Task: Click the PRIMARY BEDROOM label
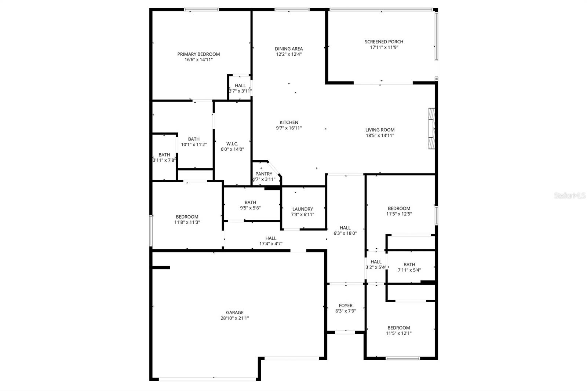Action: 198,54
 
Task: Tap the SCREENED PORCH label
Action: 384,42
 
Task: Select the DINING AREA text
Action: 289,49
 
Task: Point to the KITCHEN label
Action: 289,123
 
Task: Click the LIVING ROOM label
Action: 380,130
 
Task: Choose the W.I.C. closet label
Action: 232,144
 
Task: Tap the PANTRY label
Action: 264,174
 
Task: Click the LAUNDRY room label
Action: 303,209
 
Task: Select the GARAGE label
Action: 234,313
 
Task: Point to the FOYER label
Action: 346,306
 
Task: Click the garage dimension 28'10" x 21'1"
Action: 234,318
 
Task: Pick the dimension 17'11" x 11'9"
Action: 384,47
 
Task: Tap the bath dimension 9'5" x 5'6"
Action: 250,208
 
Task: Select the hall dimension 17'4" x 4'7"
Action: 271,244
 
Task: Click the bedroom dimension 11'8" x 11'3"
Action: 187,222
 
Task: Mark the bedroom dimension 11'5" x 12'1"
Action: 398,333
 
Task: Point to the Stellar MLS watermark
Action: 570,196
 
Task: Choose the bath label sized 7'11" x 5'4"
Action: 409,264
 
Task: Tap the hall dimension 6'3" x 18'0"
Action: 345,233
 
